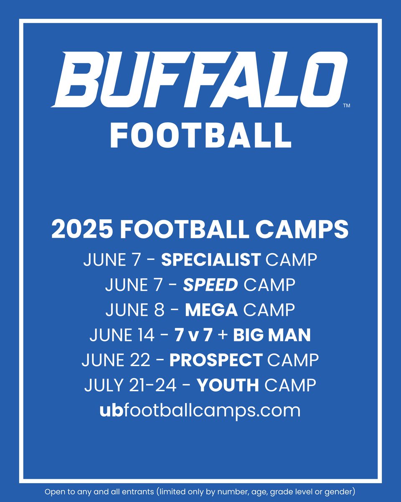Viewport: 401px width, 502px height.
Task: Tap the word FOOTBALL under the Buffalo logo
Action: click(200, 136)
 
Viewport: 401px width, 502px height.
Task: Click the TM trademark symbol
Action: click(346, 106)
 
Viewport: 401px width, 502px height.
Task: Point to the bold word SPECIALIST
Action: click(211, 260)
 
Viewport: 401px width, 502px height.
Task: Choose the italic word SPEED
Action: click(211, 285)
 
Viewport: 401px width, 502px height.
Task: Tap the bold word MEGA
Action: click(211, 310)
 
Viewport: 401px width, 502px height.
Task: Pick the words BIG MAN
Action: click(272, 335)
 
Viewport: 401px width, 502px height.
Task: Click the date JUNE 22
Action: click(114, 360)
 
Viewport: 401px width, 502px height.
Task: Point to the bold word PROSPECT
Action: click(216, 360)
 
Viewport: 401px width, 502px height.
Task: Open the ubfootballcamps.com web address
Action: click(200, 410)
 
